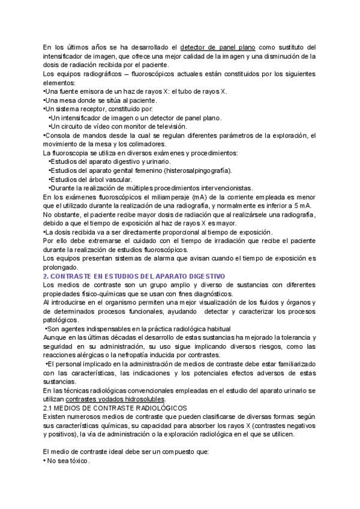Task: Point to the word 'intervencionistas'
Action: point(223,188)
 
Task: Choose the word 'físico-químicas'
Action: point(100,294)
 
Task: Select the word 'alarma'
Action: point(154,259)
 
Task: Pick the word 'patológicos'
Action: point(61,320)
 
